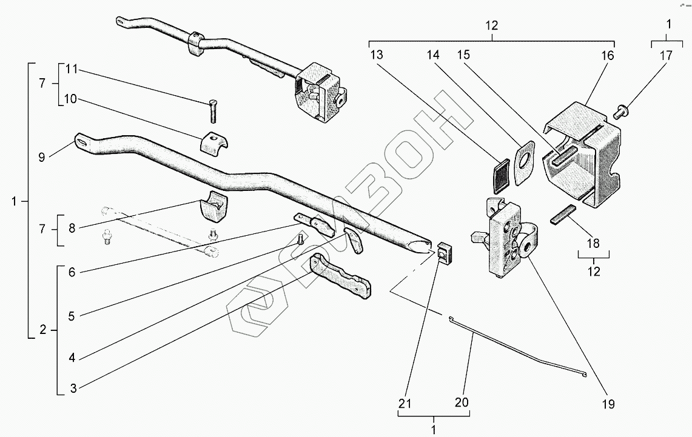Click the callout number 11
[x=72, y=69]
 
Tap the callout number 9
[x=41, y=157]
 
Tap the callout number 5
[x=72, y=316]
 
